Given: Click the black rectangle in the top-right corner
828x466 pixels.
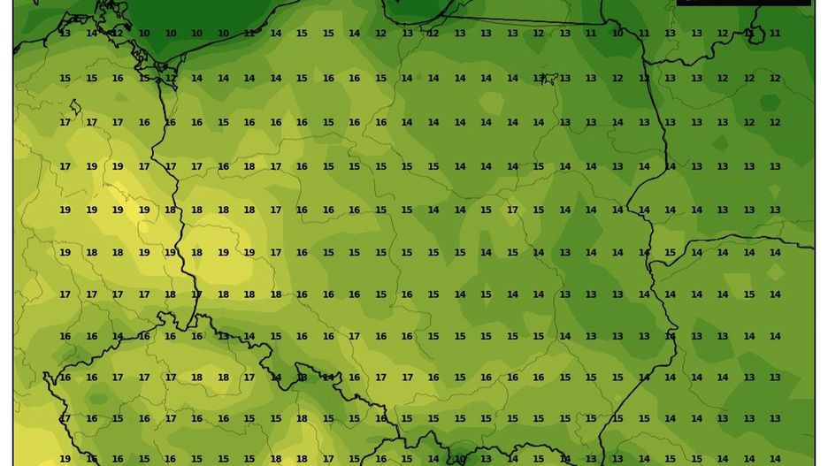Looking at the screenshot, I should point(743,3).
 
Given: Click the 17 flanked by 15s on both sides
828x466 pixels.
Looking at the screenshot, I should point(512,210).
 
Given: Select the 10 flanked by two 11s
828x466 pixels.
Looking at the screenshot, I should point(617,34).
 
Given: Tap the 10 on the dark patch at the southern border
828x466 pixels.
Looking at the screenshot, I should point(460,459).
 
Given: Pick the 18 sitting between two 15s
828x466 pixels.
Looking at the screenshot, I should point(302,419).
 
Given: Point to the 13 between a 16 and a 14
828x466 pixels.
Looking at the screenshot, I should point(223,336).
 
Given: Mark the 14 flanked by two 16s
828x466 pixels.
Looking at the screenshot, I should point(118,336).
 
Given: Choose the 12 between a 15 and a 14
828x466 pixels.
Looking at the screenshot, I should point(171,78).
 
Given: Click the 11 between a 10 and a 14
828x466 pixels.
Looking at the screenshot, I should point(249,34).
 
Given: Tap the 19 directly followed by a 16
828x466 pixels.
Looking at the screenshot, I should point(65,459).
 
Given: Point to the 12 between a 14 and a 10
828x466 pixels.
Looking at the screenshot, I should point(118,34).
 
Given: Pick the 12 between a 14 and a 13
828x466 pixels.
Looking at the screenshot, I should point(380,34).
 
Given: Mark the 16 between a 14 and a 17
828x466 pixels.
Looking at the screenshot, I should point(144,336).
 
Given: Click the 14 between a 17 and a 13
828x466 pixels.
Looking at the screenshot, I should point(276,378).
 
